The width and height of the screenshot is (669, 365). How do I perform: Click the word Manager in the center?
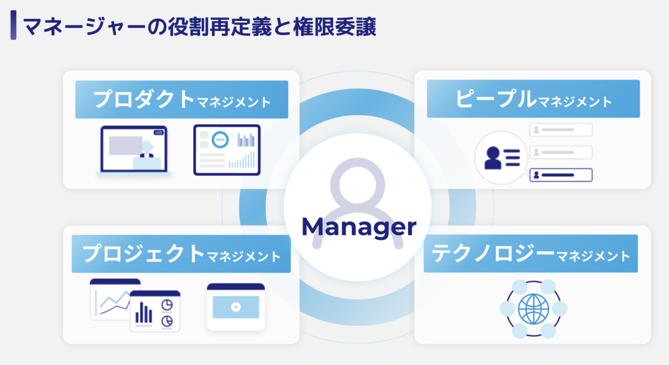click(359, 227)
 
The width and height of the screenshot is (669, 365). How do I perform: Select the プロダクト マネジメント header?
click(182, 100)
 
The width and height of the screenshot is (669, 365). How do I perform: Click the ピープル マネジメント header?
click(533, 99)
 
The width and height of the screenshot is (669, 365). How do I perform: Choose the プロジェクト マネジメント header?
click(182, 254)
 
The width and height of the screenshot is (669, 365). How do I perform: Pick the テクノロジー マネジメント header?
click(530, 254)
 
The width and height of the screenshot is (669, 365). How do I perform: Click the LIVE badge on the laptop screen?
click(158, 132)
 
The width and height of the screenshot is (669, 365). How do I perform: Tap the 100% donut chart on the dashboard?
click(220, 139)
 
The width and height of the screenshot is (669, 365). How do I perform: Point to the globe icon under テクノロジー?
click(533, 309)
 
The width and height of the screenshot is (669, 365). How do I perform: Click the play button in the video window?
click(235, 306)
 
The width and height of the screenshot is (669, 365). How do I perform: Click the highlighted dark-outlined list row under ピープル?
click(560, 175)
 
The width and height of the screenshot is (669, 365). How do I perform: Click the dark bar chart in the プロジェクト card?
click(145, 312)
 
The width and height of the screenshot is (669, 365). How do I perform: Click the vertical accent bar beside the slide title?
click(13, 27)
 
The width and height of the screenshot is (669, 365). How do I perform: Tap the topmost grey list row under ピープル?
click(560, 130)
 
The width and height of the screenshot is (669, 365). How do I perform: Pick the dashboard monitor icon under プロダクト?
click(227, 150)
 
